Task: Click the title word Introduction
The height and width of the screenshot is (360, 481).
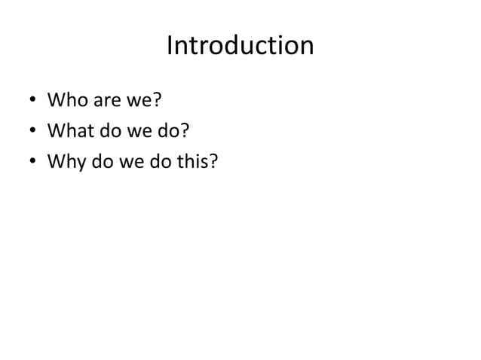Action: coord(240,46)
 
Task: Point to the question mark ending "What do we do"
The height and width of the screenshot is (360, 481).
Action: coord(183,132)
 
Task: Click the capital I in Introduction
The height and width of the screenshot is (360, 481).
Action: coord(170,46)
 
